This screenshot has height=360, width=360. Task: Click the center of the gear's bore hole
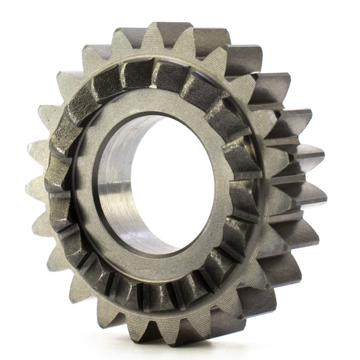point(161,183)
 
